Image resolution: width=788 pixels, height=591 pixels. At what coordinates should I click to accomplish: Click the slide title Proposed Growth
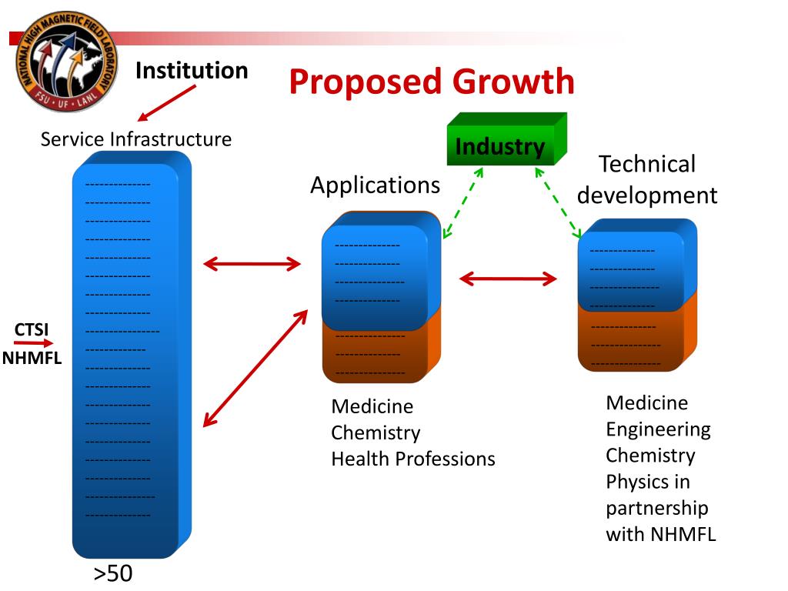click(x=432, y=82)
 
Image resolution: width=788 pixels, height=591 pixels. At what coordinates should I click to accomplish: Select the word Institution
click(x=192, y=71)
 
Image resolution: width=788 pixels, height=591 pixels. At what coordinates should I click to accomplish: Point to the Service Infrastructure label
click(x=136, y=139)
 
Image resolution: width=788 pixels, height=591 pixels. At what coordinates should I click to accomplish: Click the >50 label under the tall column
click(x=113, y=574)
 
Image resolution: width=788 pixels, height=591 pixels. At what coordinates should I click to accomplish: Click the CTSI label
click(x=32, y=330)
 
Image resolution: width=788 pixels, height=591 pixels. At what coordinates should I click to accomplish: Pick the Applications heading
click(x=375, y=185)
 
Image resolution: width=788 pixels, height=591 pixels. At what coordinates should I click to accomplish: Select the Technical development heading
click(x=647, y=179)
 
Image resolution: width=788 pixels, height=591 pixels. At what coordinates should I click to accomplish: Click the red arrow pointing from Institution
click(x=167, y=103)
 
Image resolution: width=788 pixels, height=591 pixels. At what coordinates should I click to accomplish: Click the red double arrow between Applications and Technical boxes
click(x=508, y=279)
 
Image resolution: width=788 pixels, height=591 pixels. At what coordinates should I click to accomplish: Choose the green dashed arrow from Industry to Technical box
click(x=559, y=203)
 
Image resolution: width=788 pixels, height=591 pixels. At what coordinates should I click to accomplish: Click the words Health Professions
click(x=413, y=459)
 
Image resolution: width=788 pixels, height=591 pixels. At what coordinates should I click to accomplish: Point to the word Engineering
click(x=658, y=429)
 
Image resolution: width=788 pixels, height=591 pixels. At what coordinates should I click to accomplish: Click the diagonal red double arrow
click(x=255, y=368)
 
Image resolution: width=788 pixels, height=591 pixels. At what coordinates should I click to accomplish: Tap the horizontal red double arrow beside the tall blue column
click(x=252, y=265)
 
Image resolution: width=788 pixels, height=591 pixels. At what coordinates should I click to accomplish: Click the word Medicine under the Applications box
click(x=372, y=406)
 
